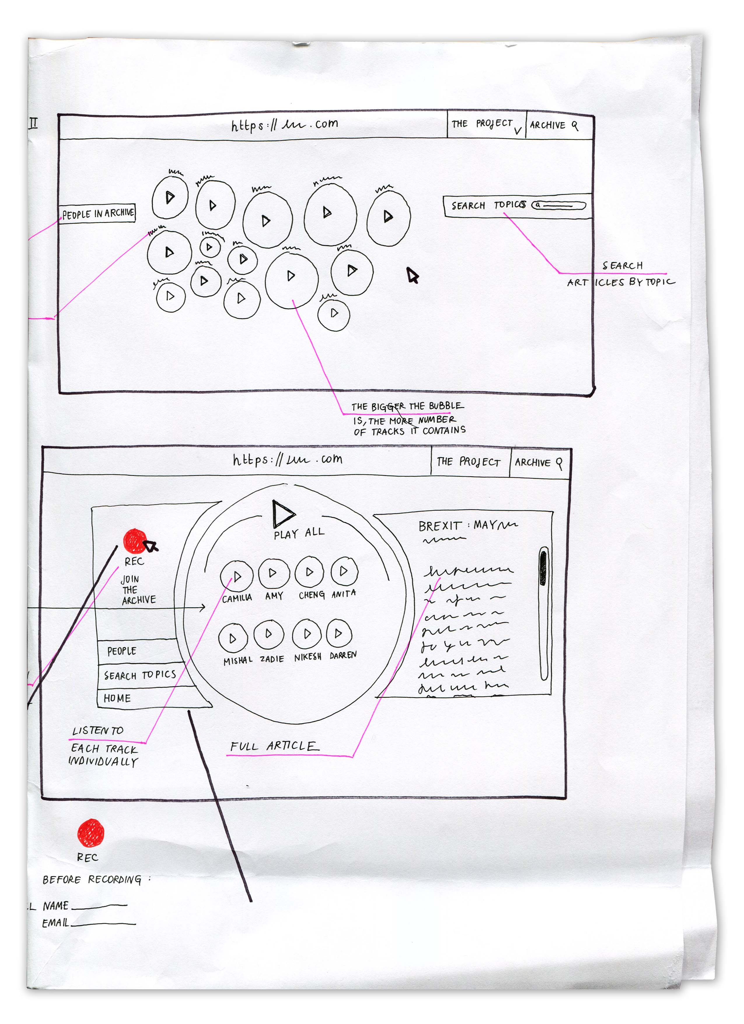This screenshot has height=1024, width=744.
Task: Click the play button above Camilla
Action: click(237, 576)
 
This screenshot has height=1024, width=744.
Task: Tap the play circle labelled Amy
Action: click(274, 573)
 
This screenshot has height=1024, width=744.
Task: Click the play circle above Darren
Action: click(338, 634)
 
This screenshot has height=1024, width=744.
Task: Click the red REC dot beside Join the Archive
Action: click(134, 541)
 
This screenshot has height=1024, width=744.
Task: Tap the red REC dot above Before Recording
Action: click(91, 833)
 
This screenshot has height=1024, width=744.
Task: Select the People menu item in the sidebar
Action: click(122, 650)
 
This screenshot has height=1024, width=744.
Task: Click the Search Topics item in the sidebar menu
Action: click(140, 675)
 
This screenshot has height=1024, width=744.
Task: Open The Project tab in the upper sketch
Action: click(482, 124)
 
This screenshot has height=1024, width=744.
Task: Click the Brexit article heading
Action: click(467, 526)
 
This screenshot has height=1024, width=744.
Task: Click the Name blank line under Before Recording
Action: click(99, 905)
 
